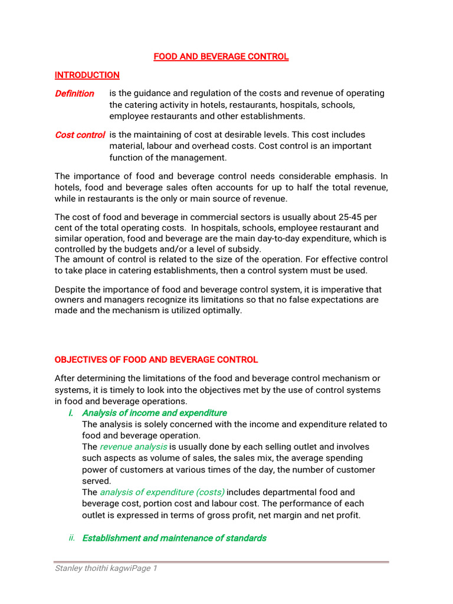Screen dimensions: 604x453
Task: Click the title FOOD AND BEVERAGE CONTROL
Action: pyautogui.click(x=221, y=57)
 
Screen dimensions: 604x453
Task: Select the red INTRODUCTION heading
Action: pyautogui.click(x=87, y=75)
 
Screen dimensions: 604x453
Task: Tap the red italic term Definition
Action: pyautogui.click(x=74, y=94)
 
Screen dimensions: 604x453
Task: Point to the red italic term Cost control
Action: pyautogui.click(x=80, y=135)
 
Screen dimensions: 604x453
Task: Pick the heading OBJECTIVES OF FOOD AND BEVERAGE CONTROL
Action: pyautogui.click(x=156, y=360)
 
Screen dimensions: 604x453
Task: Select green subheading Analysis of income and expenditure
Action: pyautogui.click(x=154, y=413)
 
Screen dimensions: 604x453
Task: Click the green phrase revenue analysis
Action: pyautogui.click(x=133, y=447)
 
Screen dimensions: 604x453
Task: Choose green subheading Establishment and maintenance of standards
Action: pyautogui.click(x=174, y=538)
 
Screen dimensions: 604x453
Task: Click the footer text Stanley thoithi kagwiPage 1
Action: pyautogui.click(x=106, y=569)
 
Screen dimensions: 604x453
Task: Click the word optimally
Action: pyautogui.click(x=223, y=311)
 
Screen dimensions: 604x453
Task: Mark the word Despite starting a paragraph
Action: pyautogui.click(x=70, y=290)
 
